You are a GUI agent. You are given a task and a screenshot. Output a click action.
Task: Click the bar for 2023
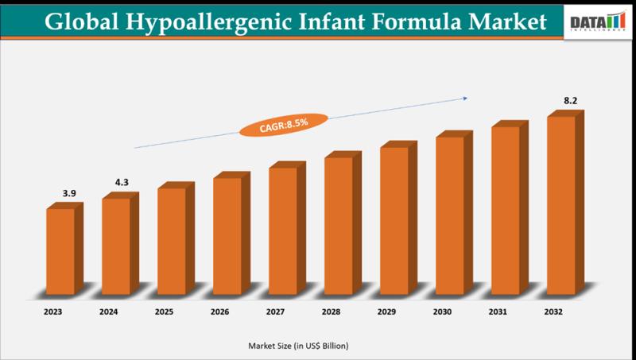(x=60, y=250)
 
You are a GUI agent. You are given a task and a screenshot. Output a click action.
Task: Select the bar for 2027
(x=283, y=230)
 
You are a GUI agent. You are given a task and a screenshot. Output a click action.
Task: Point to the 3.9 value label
(x=71, y=194)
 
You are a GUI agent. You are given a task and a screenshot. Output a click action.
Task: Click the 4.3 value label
(x=122, y=183)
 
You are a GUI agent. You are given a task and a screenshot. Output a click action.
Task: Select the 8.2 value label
(x=572, y=101)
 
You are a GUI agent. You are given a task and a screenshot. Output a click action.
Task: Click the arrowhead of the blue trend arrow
(x=464, y=99)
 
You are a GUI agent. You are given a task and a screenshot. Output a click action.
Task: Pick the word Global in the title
(x=80, y=21)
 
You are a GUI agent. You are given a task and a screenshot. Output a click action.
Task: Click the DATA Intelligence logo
(x=597, y=22)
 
